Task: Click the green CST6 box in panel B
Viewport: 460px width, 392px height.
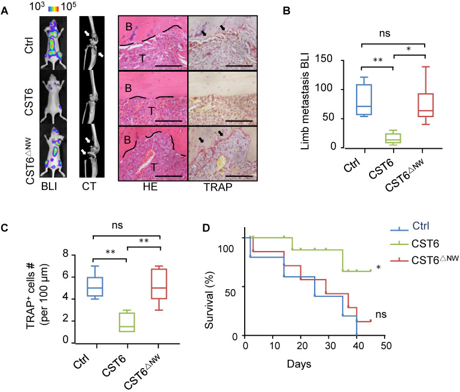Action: tap(394, 138)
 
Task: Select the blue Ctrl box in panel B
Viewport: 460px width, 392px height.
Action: tap(364, 100)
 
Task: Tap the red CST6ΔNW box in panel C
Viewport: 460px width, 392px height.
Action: tap(159, 284)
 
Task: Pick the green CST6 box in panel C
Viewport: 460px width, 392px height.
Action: tap(127, 322)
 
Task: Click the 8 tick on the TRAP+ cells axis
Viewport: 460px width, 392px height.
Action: tap(65, 254)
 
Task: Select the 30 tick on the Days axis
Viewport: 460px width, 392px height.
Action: tap(330, 346)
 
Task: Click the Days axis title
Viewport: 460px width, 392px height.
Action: tap(298, 364)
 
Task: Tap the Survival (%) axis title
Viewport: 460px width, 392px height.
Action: tap(209, 301)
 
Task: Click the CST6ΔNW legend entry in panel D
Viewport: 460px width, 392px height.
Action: tap(424, 259)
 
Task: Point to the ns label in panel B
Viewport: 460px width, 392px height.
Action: tap(384, 33)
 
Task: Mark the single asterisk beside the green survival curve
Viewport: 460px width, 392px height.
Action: tap(379, 268)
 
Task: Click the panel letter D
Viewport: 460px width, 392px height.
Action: tap(206, 228)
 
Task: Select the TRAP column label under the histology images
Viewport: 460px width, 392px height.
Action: tap(218, 187)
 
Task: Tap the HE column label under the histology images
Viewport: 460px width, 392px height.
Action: tap(150, 186)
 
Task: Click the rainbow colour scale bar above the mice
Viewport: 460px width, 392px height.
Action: tap(53, 8)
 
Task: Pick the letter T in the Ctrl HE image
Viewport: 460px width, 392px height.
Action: tap(142, 59)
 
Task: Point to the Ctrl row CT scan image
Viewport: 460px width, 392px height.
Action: tap(92, 43)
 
